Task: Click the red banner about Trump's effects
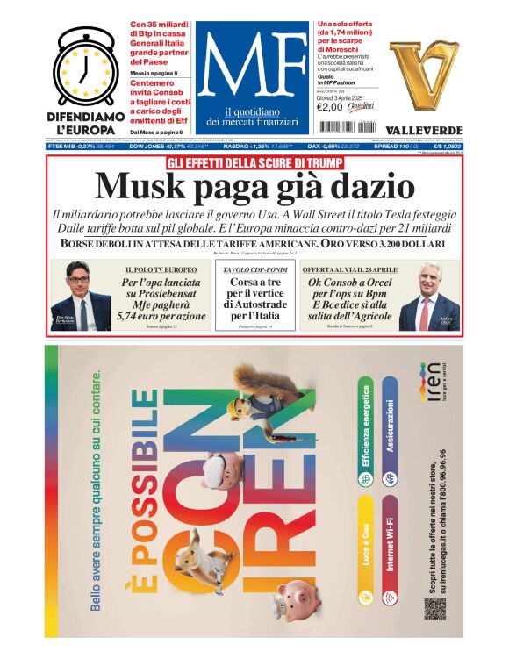point(254,162)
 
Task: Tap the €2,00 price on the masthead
point(328,108)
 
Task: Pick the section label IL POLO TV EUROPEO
point(161,269)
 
